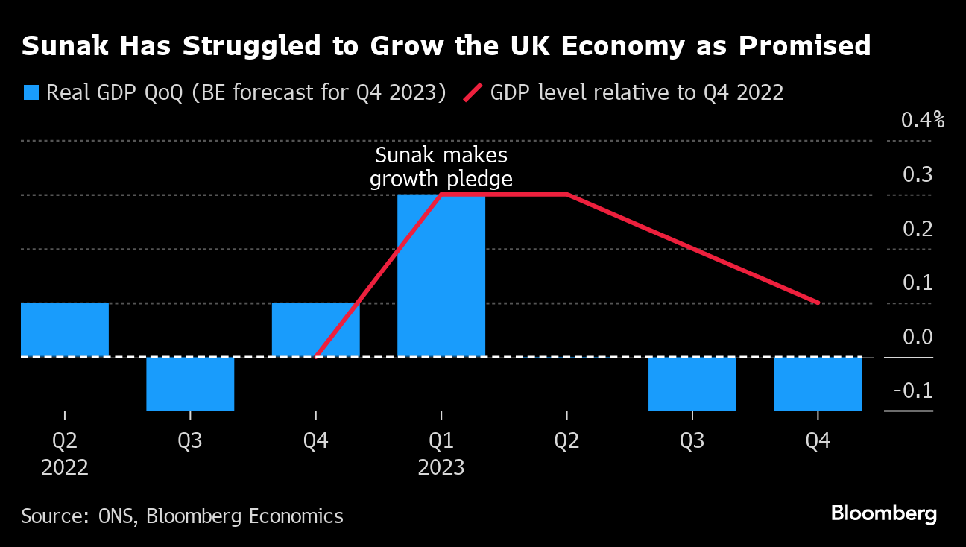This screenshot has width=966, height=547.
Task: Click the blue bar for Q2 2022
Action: pyautogui.click(x=65, y=329)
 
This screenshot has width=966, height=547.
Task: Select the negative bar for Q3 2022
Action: pyautogui.click(x=190, y=384)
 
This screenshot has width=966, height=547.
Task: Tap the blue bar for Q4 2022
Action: pyautogui.click(x=316, y=329)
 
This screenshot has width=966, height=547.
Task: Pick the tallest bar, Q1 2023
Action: pyautogui.click(x=441, y=276)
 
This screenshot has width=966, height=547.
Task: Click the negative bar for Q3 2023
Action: pyautogui.click(x=692, y=384)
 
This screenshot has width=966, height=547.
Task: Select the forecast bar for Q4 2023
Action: pyautogui.click(x=818, y=384)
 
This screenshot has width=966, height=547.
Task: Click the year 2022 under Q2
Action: pyautogui.click(x=65, y=468)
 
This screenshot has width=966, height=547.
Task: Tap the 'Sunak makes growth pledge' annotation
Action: pyautogui.click(x=441, y=168)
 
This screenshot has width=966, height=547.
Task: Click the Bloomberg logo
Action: pyautogui.click(x=883, y=513)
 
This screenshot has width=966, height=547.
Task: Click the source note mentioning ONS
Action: pyautogui.click(x=183, y=516)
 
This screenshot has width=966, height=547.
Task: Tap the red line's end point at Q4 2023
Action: pyautogui.click(x=818, y=303)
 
